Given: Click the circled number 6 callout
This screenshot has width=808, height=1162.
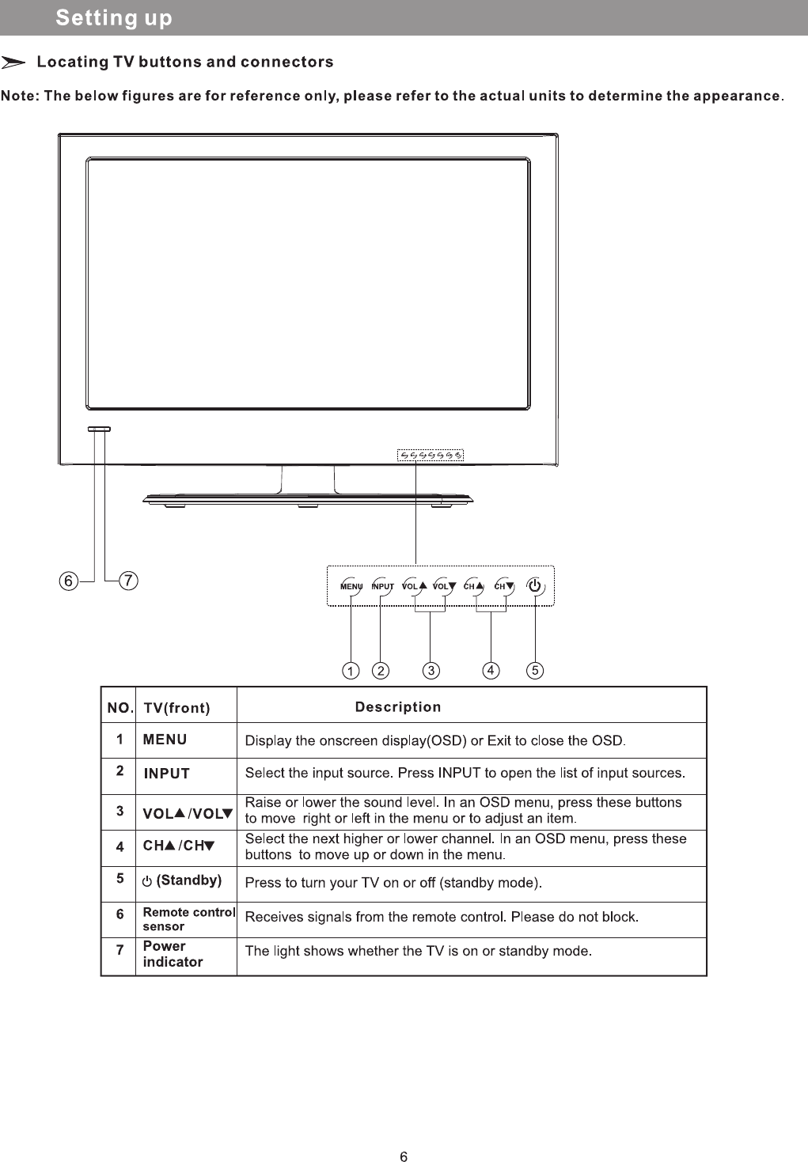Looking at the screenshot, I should (x=69, y=581).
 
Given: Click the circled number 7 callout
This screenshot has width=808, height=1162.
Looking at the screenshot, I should (x=128, y=581).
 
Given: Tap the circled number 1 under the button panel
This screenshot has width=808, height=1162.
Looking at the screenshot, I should (x=351, y=671).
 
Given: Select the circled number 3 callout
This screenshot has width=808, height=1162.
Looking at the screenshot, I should (x=431, y=671).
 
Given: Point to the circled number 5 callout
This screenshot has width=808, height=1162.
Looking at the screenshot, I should (x=535, y=671).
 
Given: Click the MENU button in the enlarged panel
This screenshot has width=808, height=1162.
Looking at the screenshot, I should (x=351, y=587).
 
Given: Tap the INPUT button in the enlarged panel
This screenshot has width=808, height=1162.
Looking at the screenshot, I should (x=382, y=587).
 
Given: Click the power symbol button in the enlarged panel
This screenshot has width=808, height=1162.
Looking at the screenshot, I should (x=535, y=586).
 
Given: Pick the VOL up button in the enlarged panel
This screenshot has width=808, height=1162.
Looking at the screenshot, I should (x=413, y=587).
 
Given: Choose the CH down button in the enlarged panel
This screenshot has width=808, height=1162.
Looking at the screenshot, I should (x=504, y=587).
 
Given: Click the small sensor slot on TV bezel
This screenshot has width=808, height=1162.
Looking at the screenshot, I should (x=100, y=429).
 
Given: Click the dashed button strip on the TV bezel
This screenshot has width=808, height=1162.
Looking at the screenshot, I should (x=430, y=455).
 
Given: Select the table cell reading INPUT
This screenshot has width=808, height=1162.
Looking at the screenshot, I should (x=167, y=774).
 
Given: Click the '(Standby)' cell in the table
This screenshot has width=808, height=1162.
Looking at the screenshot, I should (x=182, y=880).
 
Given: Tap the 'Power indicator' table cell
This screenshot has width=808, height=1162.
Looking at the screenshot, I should (x=173, y=955).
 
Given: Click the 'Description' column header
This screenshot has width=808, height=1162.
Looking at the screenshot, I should (x=398, y=707).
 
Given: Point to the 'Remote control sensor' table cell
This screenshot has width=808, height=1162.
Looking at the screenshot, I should (x=188, y=919).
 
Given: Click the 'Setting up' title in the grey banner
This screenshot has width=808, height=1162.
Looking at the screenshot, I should (x=114, y=18).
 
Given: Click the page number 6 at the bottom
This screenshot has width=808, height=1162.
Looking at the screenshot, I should (x=404, y=1156).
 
